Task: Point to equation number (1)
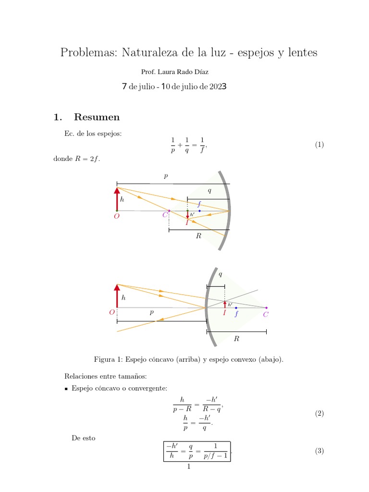(x=320, y=145)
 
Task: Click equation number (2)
(x=320, y=414)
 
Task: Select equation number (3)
(x=320, y=451)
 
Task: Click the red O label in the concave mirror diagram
(x=116, y=217)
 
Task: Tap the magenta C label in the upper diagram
(x=165, y=215)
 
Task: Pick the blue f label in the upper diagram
(x=199, y=204)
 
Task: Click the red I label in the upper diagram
(x=187, y=222)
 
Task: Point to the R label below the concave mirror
(x=198, y=237)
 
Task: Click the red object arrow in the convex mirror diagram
(x=117, y=296)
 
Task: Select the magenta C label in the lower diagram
(x=266, y=315)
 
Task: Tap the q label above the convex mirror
(x=221, y=274)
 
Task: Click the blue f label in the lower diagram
(x=236, y=314)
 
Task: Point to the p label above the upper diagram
(x=166, y=176)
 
